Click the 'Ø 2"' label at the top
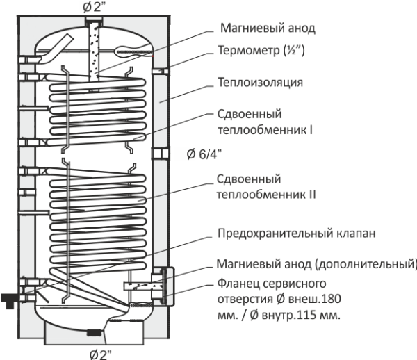[x=96, y=6]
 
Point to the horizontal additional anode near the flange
[x=138, y=285]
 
